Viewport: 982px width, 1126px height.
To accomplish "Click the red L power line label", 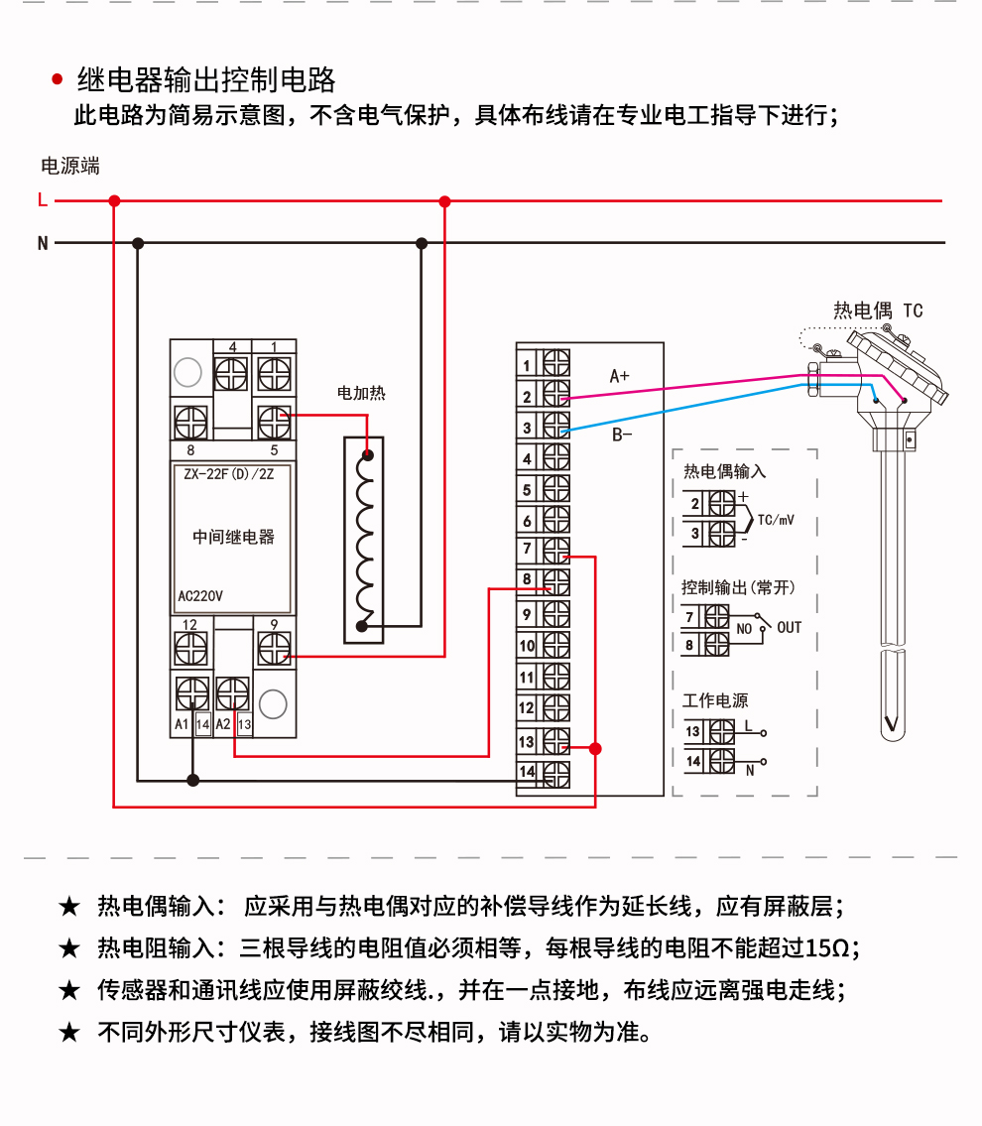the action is click(x=43, y=199).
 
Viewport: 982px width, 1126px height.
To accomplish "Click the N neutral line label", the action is click(x=43, y=243).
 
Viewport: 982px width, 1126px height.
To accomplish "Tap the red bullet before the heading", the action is click(x=58, y=79).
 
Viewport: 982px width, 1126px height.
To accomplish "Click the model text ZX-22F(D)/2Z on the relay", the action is click(x=229, y=474).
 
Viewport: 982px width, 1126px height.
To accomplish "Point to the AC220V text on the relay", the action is click(x=200, y=596).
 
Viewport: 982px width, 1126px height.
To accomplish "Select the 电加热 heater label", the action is click(x=361, y=393).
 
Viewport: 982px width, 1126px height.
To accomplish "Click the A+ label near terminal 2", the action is click(x=619, y=376).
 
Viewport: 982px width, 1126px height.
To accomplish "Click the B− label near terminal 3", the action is click(x=622, y=435).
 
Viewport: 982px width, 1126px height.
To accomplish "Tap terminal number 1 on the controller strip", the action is click(x=527, y=365).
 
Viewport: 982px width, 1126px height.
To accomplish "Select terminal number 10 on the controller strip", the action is click(x=527, y=646).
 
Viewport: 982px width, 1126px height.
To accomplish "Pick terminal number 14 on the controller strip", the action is click(x=527, y=772).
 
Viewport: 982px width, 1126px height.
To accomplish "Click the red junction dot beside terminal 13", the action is click(x=595, y=749).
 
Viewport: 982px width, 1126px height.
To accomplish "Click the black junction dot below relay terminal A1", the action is click(x=193, y=780).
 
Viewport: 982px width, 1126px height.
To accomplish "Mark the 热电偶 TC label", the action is click(x=878, y=311).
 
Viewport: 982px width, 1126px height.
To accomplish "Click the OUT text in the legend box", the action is click(x=789, y=628).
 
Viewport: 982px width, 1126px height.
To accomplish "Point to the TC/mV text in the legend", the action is click(x=776, y=520).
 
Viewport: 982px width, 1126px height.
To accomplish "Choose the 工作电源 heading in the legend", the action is click(x=715, y=700).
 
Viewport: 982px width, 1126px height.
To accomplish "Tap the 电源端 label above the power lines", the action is click(x=69, y=167).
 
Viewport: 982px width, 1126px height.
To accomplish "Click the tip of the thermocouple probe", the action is click(x=893, y=739).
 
